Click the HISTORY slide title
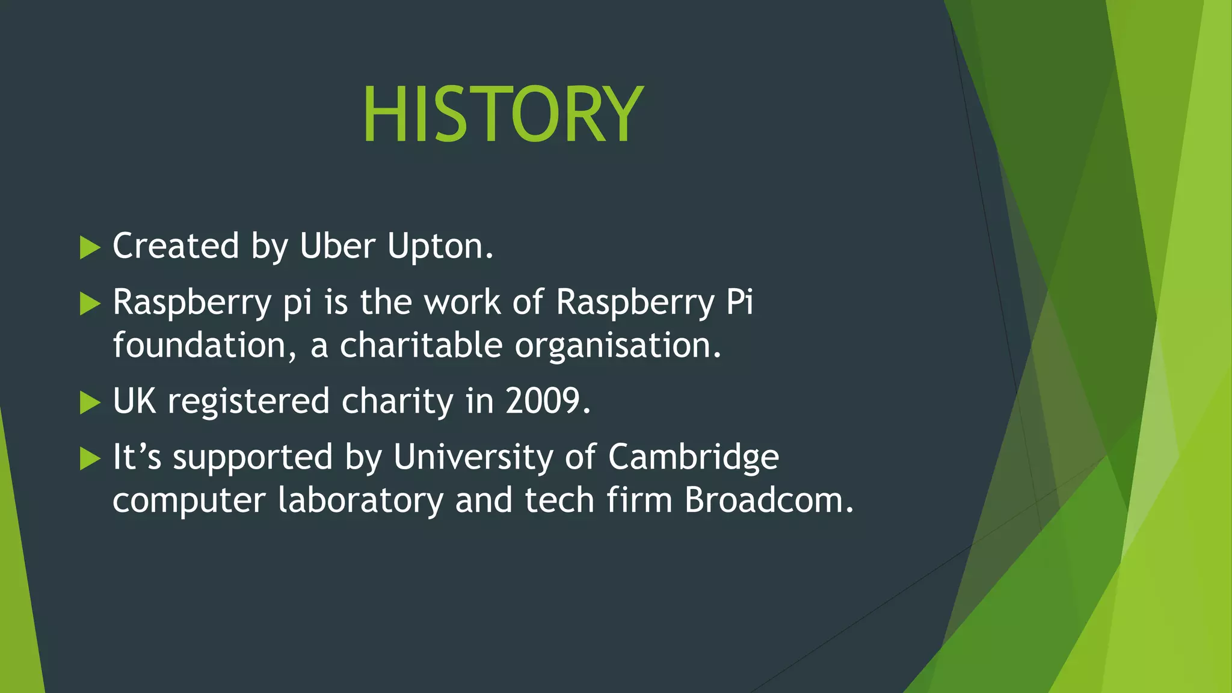[x=502, y=114]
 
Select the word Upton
[x=439, y=246]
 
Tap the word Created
[x=176, y=246]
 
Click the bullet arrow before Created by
[x=90, y=248]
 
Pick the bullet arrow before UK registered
[x=90, y=402]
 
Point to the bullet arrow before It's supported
[x=90, y=458]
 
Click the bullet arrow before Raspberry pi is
[x=90, y=304]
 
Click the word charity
[x=397, y=401]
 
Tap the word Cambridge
[x=693, y=457]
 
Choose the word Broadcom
[x=768, y=500]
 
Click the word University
[x=473, y=457]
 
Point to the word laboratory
[x=360, y=500]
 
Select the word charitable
[x=420, y=345]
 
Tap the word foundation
[x=204, y=345]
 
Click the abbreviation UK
[x=134, y=401]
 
